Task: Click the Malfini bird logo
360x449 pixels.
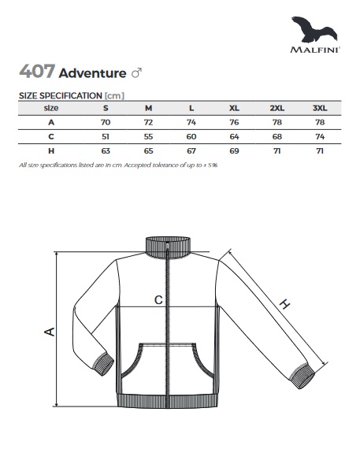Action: tap(314, 29)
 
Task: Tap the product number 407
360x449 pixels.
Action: tap(37, 72)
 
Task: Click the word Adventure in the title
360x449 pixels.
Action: tap(92, 73)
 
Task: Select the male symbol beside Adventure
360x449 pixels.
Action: tap(136, 73)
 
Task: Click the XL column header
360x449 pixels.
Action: tap(234, 108)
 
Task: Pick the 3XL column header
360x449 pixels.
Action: tap(320, 108)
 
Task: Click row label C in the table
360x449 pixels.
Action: tap(51, 136)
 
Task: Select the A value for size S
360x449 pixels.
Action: tap(106, 122)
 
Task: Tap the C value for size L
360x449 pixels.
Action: tap(191, 136)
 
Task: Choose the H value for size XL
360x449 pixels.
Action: tap(234, 151)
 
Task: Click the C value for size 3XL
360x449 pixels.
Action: tap(320, 136)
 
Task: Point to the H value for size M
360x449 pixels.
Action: tap(148, 151)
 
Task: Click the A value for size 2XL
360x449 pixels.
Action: tap(277, 122)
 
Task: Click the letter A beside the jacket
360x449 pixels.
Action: tap(50, 332)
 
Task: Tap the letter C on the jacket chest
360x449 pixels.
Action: tap(158, 300)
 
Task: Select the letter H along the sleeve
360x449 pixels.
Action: tap(284, 303)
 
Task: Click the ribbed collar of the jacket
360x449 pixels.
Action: tap(168, 247)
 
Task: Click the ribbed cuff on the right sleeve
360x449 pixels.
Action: tap(302, 376)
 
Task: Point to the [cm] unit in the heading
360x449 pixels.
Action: tap(114, 95)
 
